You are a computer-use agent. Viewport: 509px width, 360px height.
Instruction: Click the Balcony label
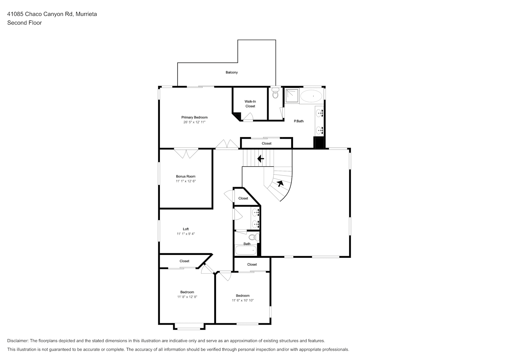coord(231,72)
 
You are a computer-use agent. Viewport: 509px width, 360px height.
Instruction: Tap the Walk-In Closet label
coord(250,104)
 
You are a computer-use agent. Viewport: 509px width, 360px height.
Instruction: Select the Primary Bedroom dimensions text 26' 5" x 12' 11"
coord(194,122)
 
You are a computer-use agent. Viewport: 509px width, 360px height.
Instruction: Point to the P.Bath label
coord(298,121)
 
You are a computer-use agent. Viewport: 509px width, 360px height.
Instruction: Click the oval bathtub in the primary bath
coord(311,96)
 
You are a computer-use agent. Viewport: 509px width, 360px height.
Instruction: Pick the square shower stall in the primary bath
coord(292,96)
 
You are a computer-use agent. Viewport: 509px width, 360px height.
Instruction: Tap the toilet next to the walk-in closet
coord(275,93)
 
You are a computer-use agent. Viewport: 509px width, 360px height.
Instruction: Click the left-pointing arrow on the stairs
coord(260,158)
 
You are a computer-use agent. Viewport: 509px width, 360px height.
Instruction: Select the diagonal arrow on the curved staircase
coord(280,183)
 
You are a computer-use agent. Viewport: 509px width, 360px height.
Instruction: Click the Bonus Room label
coord(186,176)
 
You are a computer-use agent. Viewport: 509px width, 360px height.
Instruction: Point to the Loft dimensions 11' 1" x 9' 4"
coord(186,234)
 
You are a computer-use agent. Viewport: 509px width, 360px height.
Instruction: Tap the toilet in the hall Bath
coord(254,238)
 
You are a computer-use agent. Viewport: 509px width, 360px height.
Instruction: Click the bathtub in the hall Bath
coord(246,250)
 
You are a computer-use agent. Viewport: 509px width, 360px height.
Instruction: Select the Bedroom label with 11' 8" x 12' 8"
coord(187,292)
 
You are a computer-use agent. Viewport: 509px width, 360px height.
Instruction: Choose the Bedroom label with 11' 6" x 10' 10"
coord(243,296)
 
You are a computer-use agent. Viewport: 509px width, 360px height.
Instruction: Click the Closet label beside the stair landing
coord(243,198)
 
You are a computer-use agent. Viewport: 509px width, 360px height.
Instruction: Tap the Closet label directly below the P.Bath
coord(266,143)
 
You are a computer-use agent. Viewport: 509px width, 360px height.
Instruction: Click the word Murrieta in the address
coord(86,14)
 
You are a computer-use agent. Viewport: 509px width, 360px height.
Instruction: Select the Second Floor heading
coord(24,23)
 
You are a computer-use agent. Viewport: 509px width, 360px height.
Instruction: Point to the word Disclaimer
coord(18,341)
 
